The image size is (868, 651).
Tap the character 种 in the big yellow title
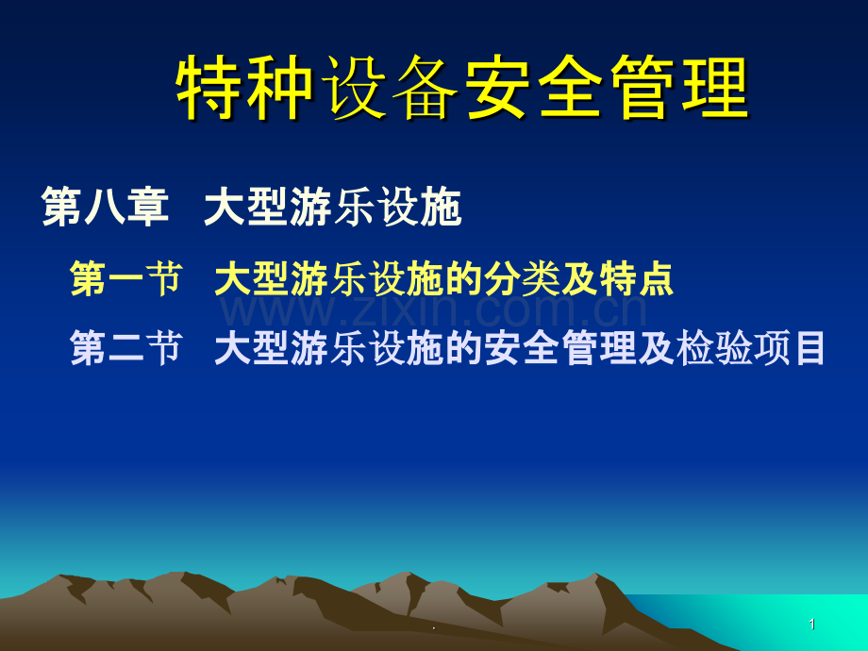[281, 87]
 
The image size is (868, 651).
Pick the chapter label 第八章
[105, 207]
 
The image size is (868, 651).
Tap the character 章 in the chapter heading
[148, 207]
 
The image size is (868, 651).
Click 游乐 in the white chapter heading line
[332, 207]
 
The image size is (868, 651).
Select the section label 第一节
[126, 278]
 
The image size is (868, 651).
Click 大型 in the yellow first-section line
[252, 278]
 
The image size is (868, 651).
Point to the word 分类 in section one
[521, 278]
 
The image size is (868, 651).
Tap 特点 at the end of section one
[636, 278]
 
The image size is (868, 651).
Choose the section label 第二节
[126, 347]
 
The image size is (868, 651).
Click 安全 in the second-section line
[521, 347]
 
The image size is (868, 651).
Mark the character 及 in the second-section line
[656, 347]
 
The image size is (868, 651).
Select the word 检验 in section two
[713, 347]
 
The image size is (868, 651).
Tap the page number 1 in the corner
[812, 625]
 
